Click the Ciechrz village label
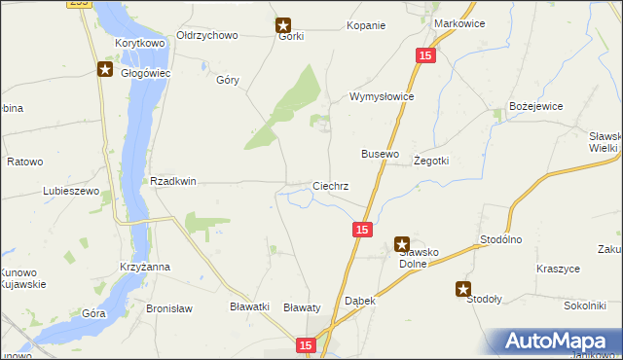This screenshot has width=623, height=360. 330,185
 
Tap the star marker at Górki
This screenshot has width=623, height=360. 283,25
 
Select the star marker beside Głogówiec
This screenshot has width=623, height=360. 104,69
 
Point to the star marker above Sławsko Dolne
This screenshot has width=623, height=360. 401,245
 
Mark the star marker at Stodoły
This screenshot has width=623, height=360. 463,288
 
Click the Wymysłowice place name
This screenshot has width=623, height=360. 383,97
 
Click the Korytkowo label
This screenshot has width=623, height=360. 140,44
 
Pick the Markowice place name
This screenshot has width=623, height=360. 458,22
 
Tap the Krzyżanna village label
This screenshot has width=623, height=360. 145,266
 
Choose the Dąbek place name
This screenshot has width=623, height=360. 360,302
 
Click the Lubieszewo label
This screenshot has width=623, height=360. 71,191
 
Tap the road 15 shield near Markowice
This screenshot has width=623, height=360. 424,57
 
